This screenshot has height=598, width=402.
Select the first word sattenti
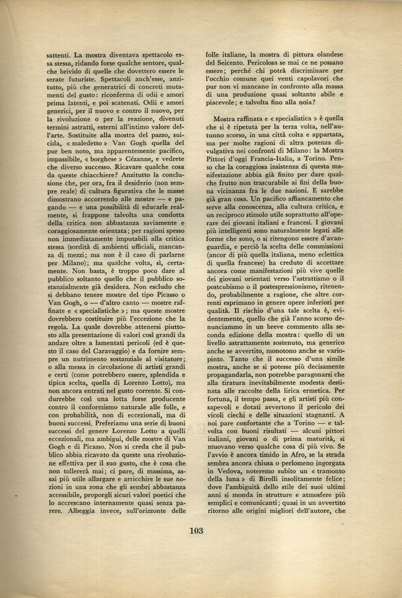coord(60,55)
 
